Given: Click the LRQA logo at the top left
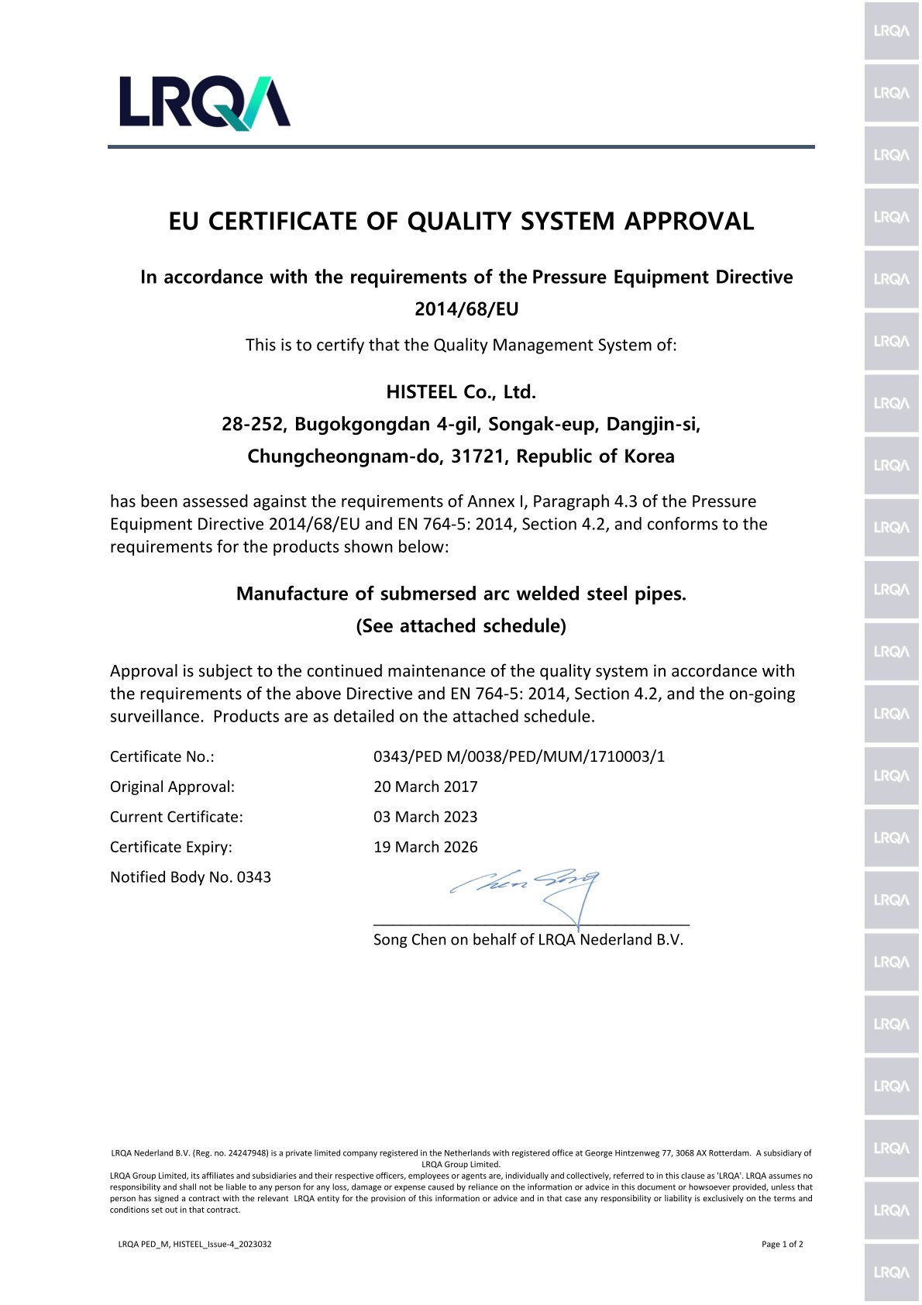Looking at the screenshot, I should [205, 102].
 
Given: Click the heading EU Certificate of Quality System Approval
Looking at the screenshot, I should [461, 222].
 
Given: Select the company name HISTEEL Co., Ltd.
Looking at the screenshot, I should [461, 392].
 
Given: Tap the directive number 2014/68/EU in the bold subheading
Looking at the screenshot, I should [466, 309].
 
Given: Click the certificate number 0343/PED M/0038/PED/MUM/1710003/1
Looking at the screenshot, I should [519, 756].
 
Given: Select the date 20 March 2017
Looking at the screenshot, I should [425, 787].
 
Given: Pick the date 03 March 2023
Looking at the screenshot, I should [425, 817].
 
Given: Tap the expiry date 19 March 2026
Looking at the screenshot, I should [425, 847].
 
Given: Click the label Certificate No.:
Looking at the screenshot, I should [162, 756].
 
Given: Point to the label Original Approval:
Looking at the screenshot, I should [172, 787].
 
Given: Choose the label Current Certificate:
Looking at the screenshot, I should [177, 817].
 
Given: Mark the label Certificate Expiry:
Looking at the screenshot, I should [171, 847].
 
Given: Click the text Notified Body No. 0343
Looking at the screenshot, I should [191, 877].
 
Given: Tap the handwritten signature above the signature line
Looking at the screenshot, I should [527, 887].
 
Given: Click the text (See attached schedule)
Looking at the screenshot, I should [461, 626].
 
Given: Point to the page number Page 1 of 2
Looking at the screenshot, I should [783, 1245].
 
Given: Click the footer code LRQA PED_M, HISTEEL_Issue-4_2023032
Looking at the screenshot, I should [194, 1245].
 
